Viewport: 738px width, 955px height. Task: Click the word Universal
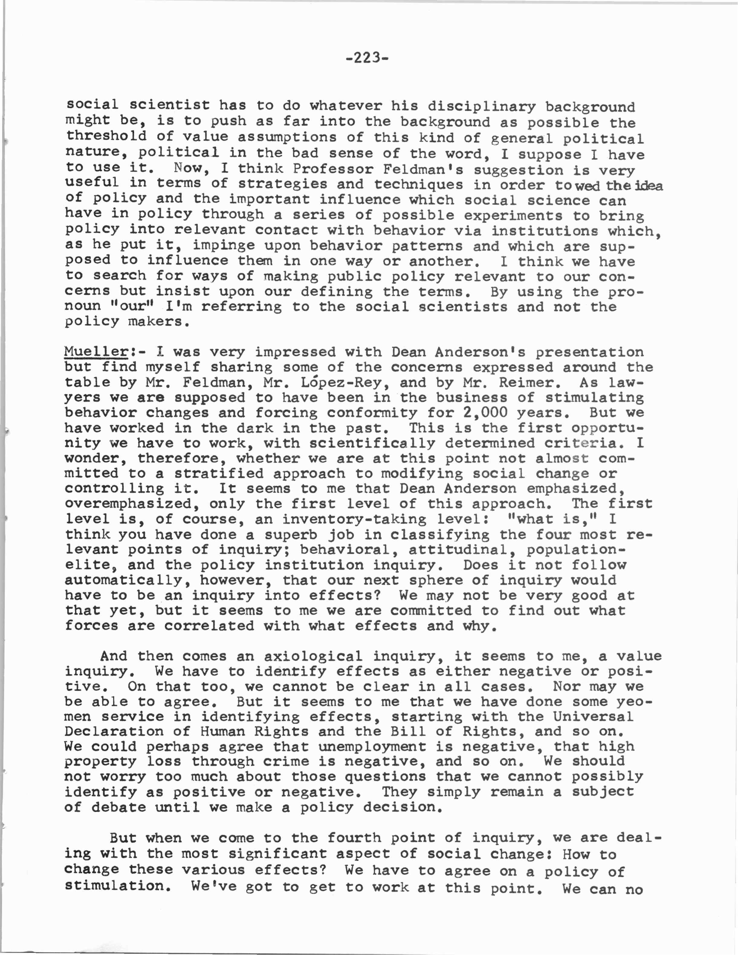593,717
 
